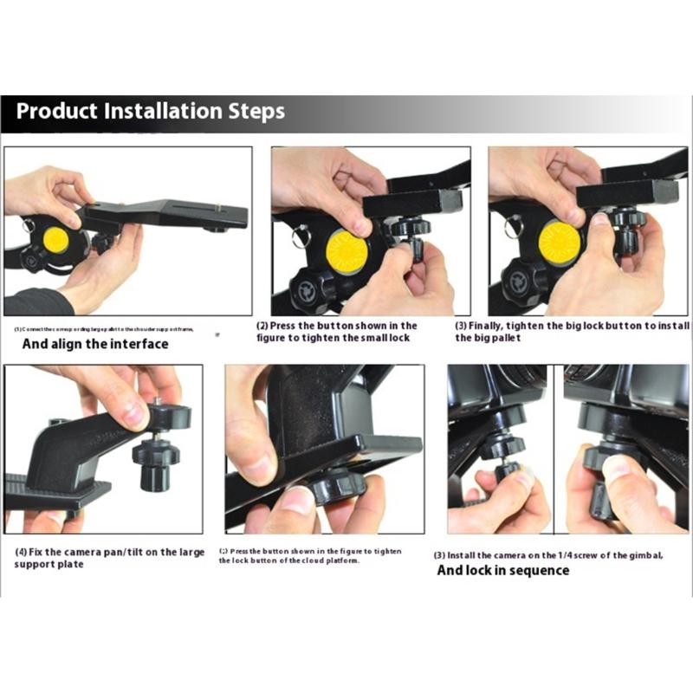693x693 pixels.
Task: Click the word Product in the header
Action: (58, 112)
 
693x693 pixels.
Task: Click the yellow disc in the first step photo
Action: (56, 240)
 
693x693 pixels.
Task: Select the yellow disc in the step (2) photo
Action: (346, 252)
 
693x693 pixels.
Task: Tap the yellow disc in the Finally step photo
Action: (560, 243)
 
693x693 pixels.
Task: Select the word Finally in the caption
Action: (492, 326)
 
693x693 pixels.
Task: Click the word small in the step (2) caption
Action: (366, 338)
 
